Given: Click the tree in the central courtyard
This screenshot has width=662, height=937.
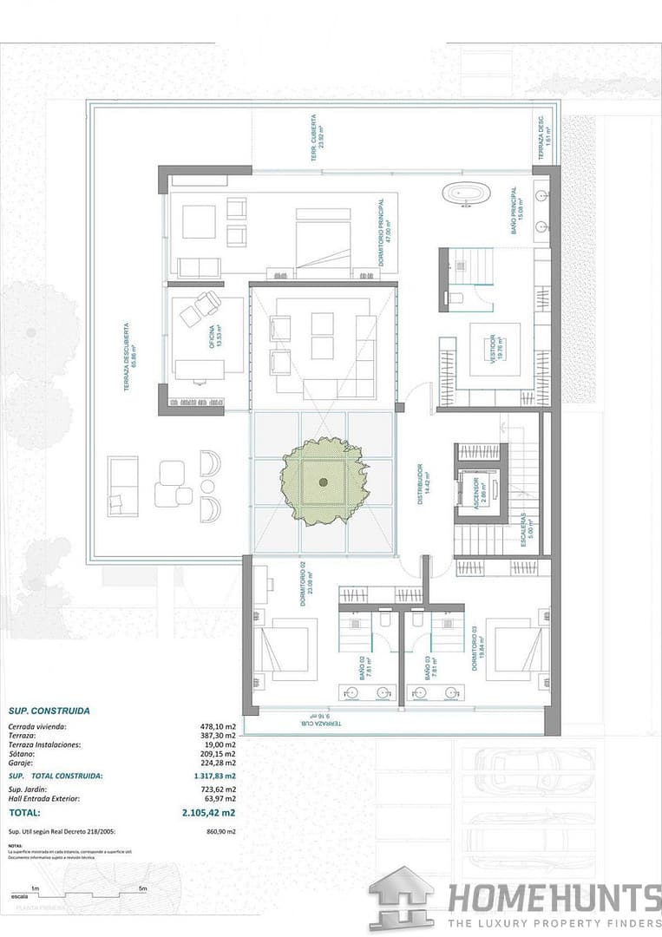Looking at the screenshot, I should [323, 482].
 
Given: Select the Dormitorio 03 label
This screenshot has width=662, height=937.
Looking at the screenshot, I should [475, 648].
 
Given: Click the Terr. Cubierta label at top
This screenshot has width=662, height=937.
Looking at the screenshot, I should [321, 132].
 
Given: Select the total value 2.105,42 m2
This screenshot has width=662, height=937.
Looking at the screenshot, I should [207, 813].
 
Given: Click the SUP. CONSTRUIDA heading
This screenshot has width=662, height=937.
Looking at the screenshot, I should [49, 711].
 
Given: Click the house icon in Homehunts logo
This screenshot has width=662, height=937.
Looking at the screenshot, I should [401, 897].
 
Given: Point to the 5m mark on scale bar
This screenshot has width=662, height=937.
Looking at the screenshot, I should [142, 889].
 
